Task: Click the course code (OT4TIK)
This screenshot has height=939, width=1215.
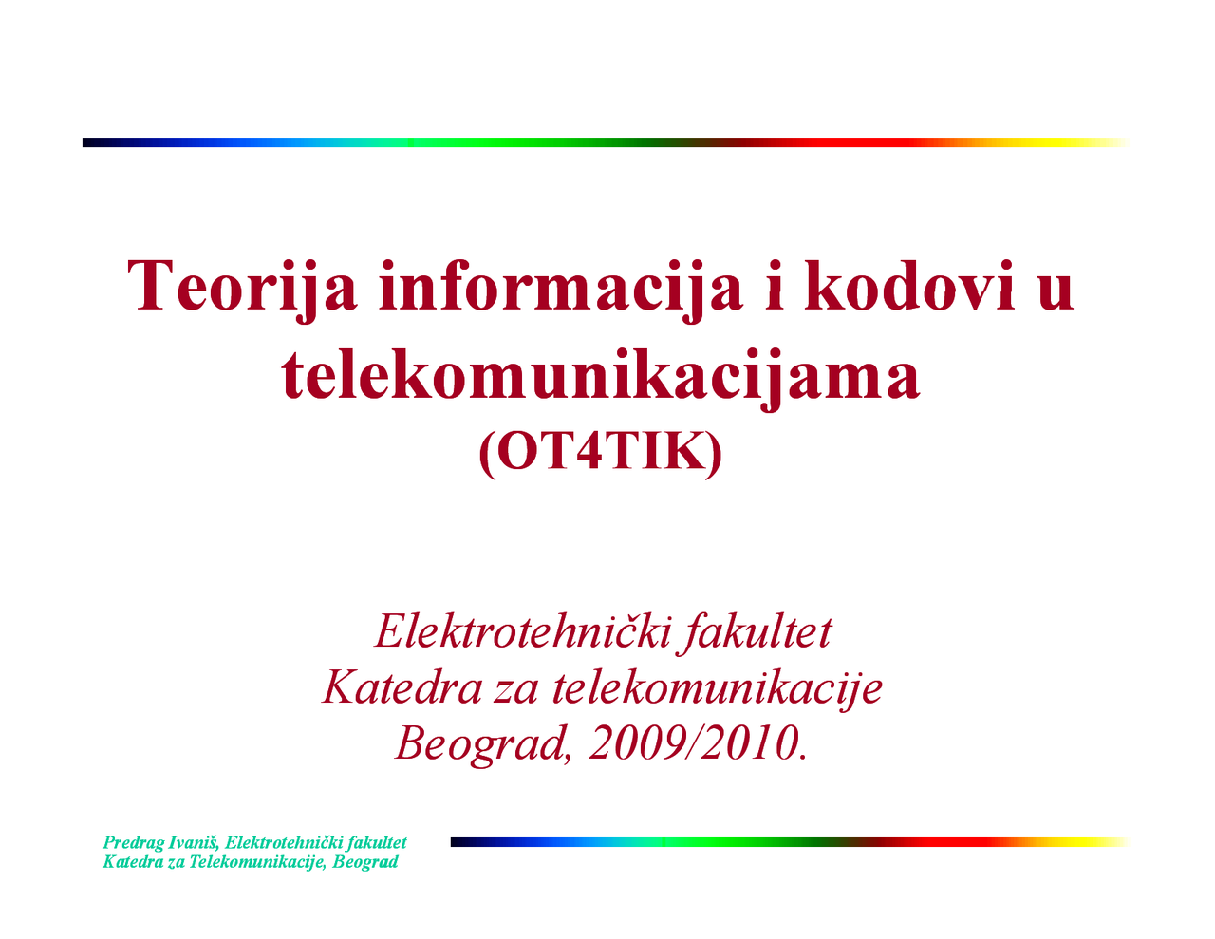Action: tap(601, 454)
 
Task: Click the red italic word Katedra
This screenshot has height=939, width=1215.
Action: tap(402, 687)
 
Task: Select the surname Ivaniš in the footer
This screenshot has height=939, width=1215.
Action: tap(194, 842)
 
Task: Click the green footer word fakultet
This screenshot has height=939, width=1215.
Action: tap(378, 842)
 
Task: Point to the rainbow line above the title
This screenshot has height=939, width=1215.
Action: tap(606, 142)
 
